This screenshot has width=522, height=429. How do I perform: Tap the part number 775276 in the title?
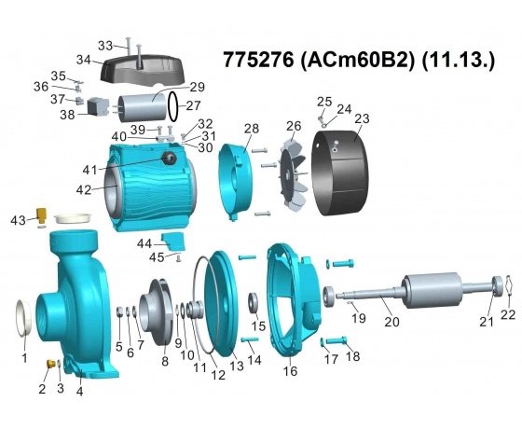point(259,60)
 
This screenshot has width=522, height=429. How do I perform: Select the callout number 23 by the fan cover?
point(362,118)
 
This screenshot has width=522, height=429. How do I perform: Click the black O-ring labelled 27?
point(173,106)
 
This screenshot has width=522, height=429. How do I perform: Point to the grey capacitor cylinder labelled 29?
point(143,107)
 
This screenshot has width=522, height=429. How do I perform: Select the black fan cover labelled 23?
point(340,173)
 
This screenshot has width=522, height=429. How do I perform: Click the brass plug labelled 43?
point(42,215)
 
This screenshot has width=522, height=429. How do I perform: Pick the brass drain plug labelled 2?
point(50,364)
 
